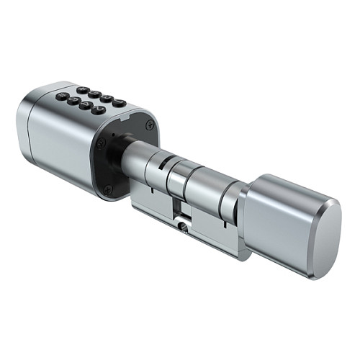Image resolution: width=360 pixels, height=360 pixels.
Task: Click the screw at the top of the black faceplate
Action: tap(149, 125)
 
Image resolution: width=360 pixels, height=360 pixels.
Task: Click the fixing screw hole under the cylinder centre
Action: tap(184, 226)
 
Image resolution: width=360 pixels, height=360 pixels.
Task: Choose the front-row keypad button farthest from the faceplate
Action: tap(63, 96)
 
